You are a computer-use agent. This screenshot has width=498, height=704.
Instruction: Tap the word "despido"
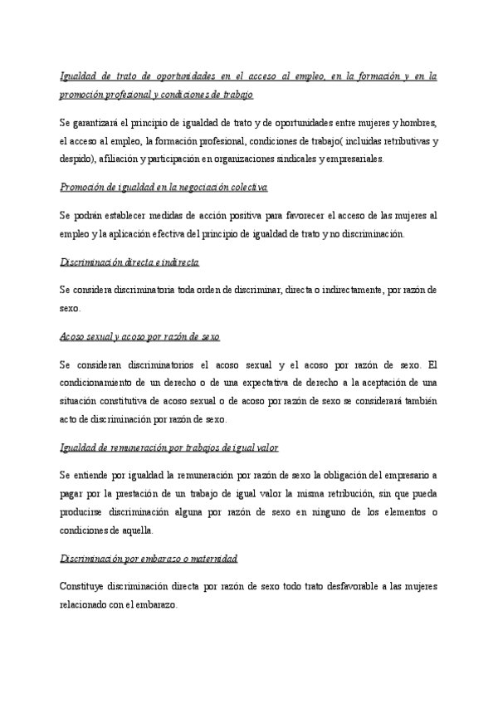point(77,159)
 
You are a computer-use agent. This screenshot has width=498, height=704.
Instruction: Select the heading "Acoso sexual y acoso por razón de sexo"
point(139,336)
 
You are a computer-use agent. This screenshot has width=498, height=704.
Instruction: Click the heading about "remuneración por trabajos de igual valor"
point(169,447)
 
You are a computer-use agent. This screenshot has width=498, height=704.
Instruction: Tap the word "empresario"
point(397,475)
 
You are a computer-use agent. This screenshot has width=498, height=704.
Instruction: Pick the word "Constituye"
point(85,587)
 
